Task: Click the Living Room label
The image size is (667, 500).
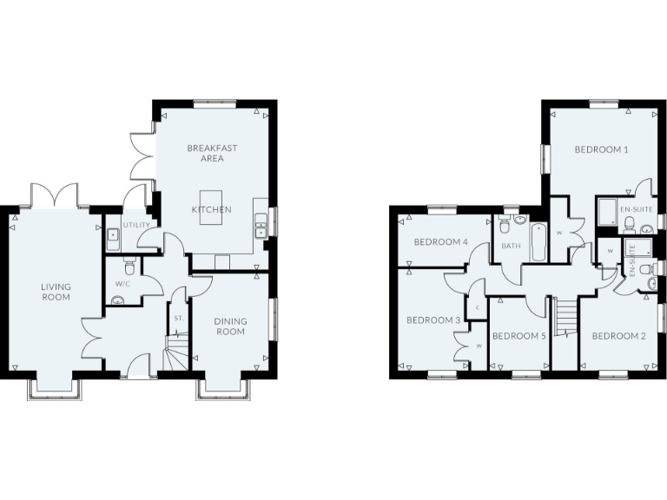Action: (x=56, y=292)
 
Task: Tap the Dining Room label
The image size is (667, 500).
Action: (x=230, y=326)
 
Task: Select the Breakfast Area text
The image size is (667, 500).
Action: (x=212, y=153)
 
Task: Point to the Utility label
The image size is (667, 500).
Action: (x=136, y=225)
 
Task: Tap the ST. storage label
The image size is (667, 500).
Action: (x=179, y=319)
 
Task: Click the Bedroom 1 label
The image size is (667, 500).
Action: (x=601, y=149)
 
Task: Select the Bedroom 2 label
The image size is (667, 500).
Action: (x=617, y=336)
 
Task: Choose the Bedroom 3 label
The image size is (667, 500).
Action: (x=433, y=320)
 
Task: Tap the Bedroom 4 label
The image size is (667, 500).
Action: (x=440, y=241)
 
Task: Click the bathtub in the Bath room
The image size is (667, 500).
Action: (x=537, y=243)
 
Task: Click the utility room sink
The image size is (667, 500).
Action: (x=113, y=236)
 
